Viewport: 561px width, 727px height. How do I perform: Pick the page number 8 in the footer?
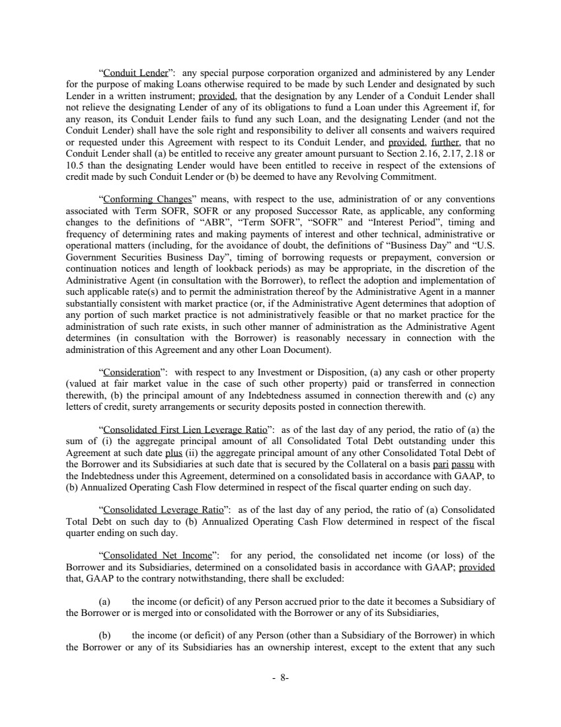coord(282,677)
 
